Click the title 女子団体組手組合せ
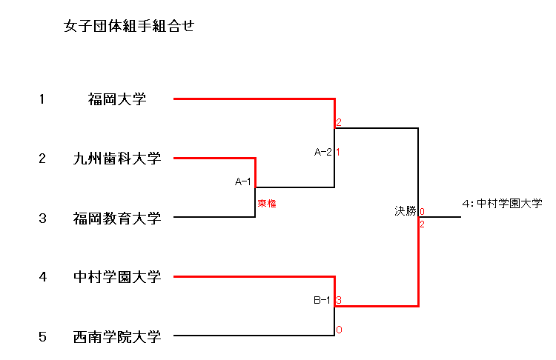[x=129, y=27]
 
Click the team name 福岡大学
[x=116, y=99]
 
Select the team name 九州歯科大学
[x=116, y=158]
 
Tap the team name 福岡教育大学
[x=116, y=218]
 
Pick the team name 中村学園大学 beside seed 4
[x=116, y=277]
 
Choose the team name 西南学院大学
[x=116, y=337]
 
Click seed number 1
[x=42, y=99]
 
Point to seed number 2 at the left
[x=42, y=158]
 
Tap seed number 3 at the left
[x=42, y=218]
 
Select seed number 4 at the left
[x=42, y=277]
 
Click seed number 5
[x=42, y=337]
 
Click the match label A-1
[x=243, y=181]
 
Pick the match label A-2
[x=322, y=153]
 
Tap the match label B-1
[x=322, y=301]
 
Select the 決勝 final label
[x=406, y=211]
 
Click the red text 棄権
[x=267, y=203]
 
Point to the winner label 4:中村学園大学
[x=502, y=202]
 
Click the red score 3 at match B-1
[x=339, y=300]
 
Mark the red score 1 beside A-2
[x=338, y=153]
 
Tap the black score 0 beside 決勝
[x=422, y=212]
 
